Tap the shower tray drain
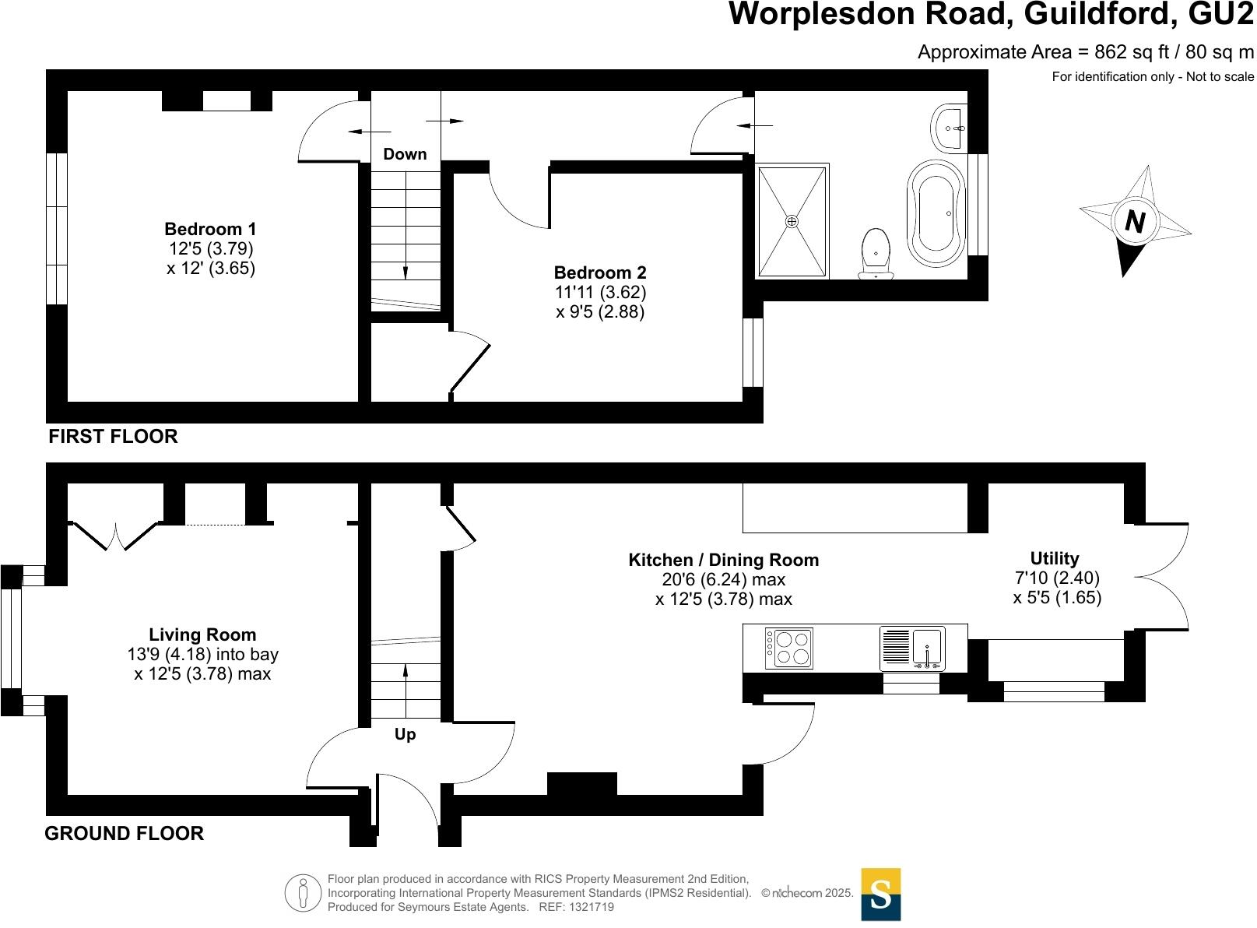(792, 222)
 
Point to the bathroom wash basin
(950, 128)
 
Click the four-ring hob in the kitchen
(789, 648)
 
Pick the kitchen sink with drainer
(911, 649)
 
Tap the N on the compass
(1136, 223)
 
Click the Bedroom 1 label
(210, 229)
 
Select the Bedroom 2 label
(599, 272)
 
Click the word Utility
(1054, 558)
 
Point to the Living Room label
(202, 634)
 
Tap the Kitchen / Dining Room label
(723, 560)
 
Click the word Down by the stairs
(405, 154)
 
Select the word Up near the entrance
(405, 734)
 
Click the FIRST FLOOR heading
(113, 436)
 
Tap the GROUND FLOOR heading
(124, 833)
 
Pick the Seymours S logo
(880, 895)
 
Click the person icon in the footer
(303, 893)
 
